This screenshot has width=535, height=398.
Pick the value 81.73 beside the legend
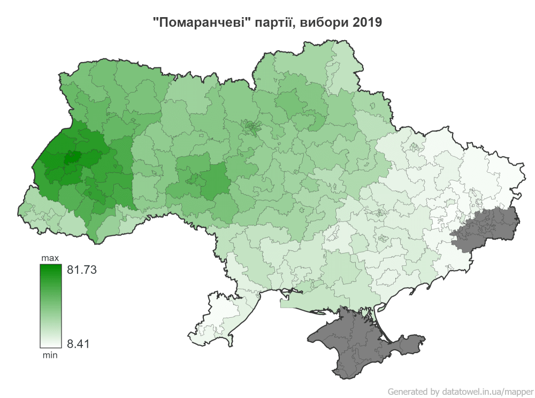click(81, 270)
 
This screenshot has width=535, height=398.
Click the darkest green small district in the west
click(72, 157)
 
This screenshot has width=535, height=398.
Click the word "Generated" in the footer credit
click(407, 391)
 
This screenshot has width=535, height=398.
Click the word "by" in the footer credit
click(434, 391)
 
